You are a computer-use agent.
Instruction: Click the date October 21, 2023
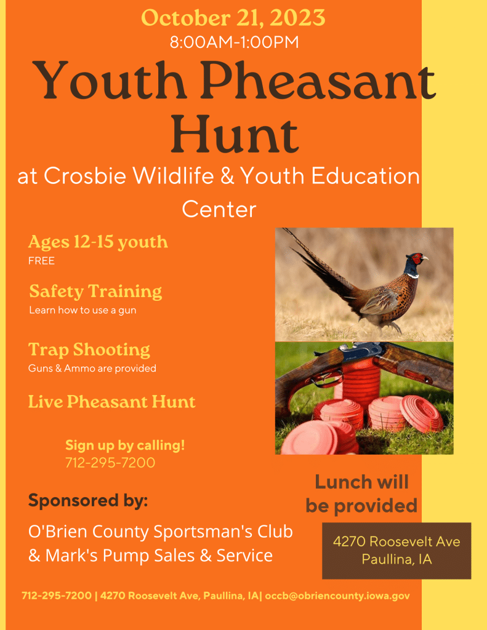(x=233, y=18)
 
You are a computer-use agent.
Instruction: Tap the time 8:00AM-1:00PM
(x=235, y=42)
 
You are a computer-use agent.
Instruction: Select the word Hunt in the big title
(x=235, y=134)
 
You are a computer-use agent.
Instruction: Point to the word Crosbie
(x=85, y=176)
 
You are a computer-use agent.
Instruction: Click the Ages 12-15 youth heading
(x=98, y=242)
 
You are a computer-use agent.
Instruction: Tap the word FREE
(x=41, y=261)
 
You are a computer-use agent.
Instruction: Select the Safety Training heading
(x=95, y=292)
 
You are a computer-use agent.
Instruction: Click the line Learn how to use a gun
(x=83, y=310)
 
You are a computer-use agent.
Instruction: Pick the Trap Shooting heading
(x=89, y=350)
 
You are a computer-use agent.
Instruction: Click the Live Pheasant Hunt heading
(x=112, y=402)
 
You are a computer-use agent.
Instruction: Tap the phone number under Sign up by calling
(x=110, y=463)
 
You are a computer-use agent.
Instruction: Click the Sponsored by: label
(x=88, y=501)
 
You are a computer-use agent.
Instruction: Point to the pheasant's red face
(x=417, y=258)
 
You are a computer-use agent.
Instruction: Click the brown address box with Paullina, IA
(x=396, y=551)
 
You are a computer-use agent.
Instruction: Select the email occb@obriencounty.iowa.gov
(x=337, y=596)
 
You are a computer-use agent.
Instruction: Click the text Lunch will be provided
(x=361, y=494)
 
